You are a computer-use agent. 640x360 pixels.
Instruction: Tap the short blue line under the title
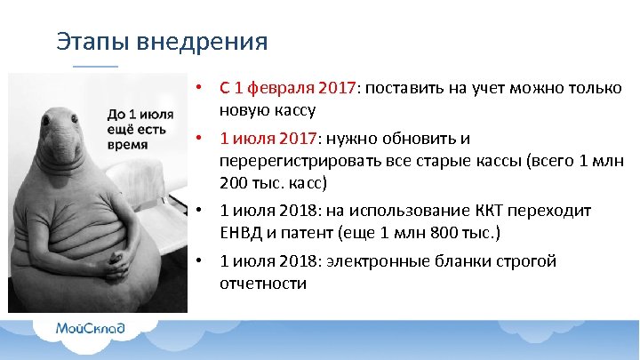pos(94,66)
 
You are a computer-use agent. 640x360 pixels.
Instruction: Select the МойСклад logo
pos(91,328)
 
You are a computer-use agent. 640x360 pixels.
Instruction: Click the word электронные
pos(374,262)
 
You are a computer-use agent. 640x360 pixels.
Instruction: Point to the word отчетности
pos(263,284)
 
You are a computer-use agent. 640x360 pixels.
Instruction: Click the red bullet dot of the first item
pos(203,88)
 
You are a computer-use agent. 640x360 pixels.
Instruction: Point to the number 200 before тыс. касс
pos(235,183)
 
